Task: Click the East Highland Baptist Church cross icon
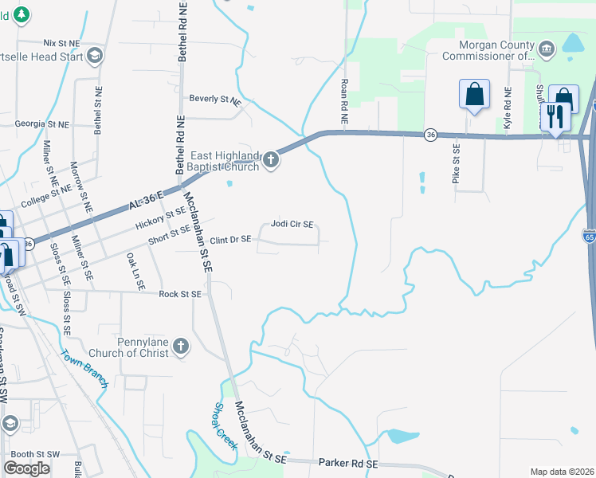click(271, 160)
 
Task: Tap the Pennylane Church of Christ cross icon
click(181, 347)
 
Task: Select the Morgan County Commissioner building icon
click(547, 49)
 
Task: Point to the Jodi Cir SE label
click(292, 225)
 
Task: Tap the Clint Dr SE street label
click(230, 240)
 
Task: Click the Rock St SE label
click(180, 294)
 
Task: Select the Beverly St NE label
click(214, 100)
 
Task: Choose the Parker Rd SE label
click(347, 463)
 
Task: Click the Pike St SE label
click(457, 163)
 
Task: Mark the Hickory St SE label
click(160, 217)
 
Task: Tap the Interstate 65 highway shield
click(590, 237)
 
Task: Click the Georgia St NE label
click(41, 124)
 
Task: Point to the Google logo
click(26, 468)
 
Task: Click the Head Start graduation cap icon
click(95, 54)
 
